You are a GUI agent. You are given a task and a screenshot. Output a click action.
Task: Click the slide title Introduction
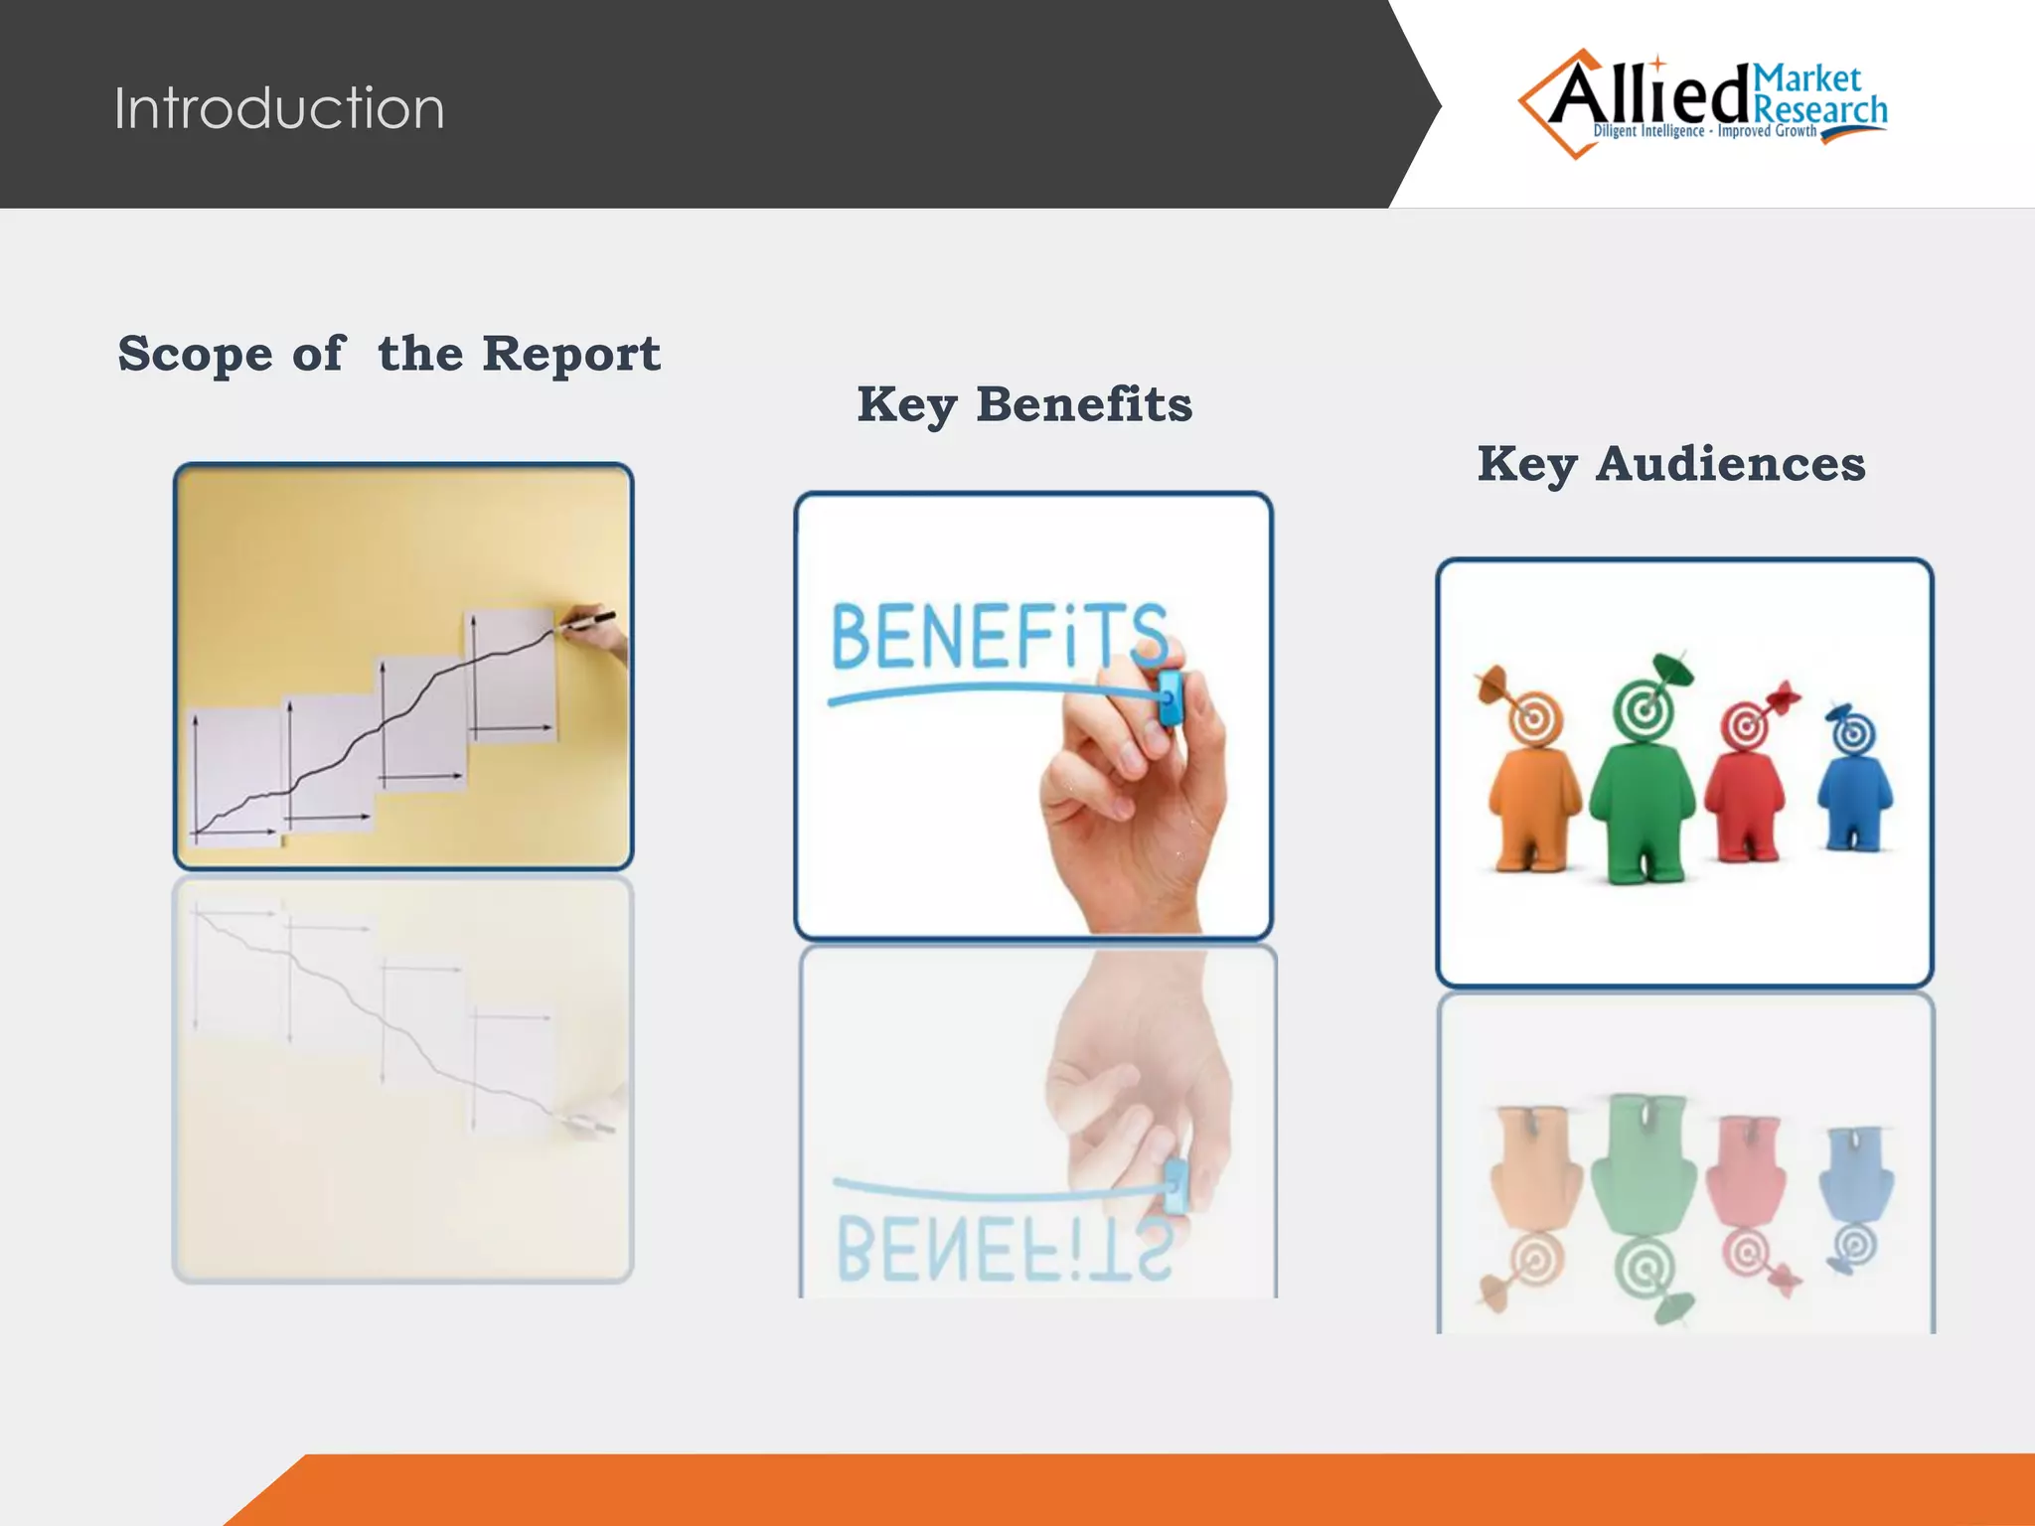pos(279,107)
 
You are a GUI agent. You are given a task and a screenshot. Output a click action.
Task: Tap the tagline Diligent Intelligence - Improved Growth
pos(1704,131)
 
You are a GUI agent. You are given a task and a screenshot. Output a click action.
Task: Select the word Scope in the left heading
pos(195,355)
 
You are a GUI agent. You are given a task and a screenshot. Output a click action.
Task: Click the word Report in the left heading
pos(570,355)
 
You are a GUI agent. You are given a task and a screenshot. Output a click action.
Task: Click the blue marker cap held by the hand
pos(1171,695)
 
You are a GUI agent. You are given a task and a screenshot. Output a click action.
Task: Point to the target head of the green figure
pos(1644,710)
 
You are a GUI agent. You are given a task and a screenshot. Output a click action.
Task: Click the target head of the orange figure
pos(1533,717)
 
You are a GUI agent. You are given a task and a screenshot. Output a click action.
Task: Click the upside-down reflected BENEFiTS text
pos(1004,1250)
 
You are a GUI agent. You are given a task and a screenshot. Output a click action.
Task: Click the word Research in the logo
pos(1820,109)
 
